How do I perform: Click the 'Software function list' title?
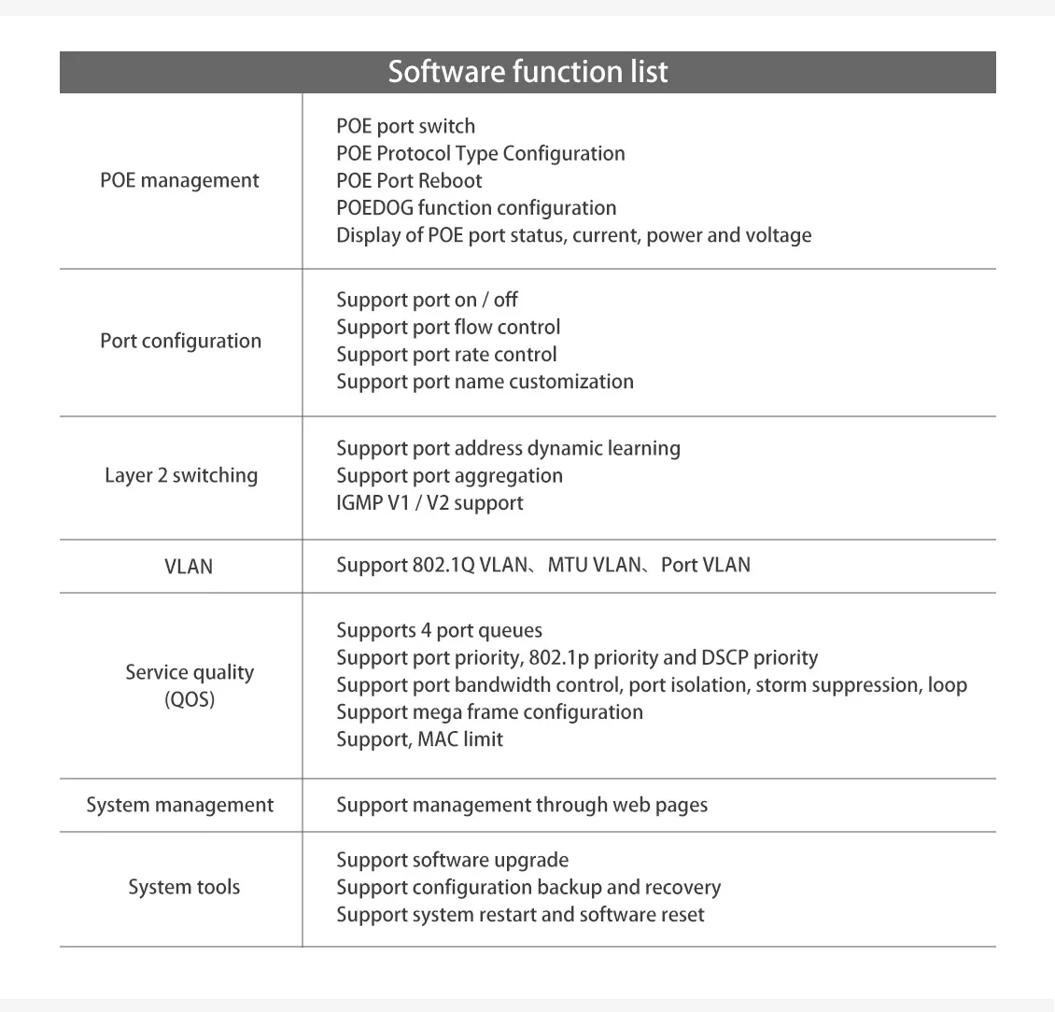tap(527, 72)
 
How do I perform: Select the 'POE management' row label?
tap(179, 180)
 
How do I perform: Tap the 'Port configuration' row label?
tap(180, 341)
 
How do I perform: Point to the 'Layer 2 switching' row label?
tap(180, 475)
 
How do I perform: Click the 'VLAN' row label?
tap(189, 566)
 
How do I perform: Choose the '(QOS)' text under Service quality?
tap(190, 699)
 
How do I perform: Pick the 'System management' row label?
tap(180, 805)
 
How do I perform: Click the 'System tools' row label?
tap(184, 887)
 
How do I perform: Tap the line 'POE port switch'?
tap(405, 126)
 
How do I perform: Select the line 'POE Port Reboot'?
tap(409, 180)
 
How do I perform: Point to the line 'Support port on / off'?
tap(427, 300)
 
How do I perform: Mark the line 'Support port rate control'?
tap(446, 355)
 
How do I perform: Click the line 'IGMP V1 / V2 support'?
tap(429, 502)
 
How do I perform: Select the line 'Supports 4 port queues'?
tap(439, 630)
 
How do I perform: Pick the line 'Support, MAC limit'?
tap(419, 739)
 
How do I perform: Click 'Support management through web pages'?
tap(522, 805)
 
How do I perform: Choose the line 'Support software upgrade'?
tap(452, 860)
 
